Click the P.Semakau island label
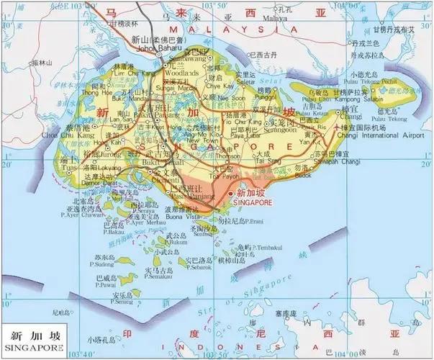coord(157,277)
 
